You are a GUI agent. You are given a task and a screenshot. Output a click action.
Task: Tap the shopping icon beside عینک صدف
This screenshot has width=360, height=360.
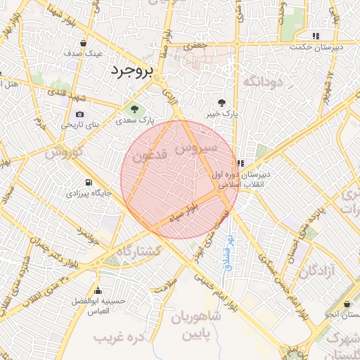tap(84, 42)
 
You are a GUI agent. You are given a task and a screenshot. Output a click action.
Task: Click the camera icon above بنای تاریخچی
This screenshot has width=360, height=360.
tap(79, 115)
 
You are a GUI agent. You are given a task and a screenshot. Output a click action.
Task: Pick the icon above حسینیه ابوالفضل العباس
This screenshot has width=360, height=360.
tap(98, 290)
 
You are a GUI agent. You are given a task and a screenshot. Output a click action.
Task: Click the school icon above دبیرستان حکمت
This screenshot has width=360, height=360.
tap(316, 36)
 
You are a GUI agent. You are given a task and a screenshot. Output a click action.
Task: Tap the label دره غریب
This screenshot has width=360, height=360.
tap(115, 339)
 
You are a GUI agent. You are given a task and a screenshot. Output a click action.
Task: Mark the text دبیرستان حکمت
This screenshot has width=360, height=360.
tap(317, 47)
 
